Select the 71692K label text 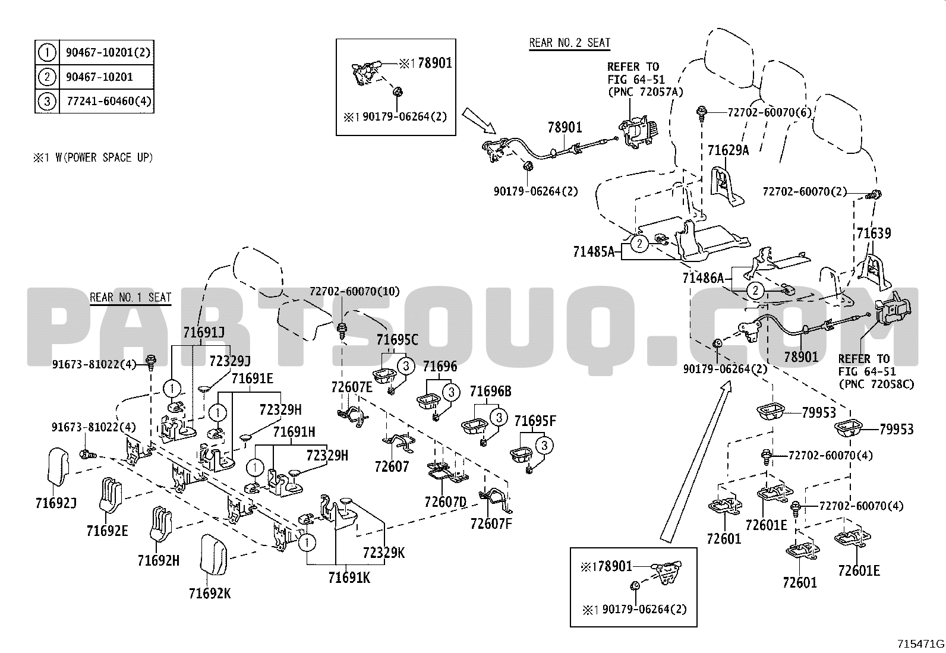click(210, 592)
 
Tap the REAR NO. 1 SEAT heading click(130, 297)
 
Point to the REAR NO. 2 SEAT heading click(569, 43)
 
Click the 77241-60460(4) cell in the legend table click(106, 101)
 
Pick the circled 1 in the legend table click(47, 53)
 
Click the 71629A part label click(728, 150)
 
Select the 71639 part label click(874, 233)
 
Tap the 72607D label click(446, 502)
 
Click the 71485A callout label click(594, 251)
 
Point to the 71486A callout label click(703, 277)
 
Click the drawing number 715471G click(920, 643)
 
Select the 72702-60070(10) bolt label click(354, 291)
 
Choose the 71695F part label click(535, 421)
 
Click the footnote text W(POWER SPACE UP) click(99, 157)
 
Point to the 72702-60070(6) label click(762, 111)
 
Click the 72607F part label click(491, 523)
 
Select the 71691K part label click(349, 576)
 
